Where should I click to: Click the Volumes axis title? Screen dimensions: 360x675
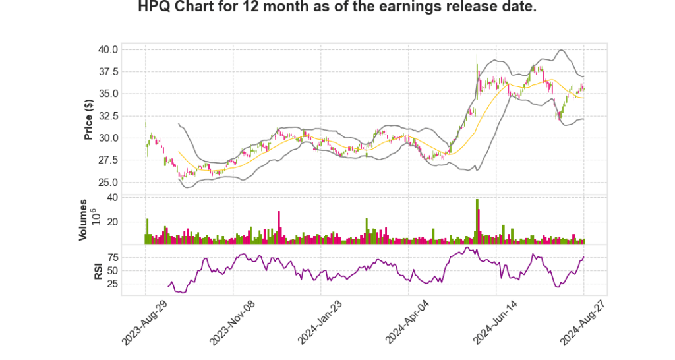coord(83,220)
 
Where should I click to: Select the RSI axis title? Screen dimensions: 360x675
coord(98,271)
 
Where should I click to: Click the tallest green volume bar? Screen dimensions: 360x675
coord(477,222)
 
